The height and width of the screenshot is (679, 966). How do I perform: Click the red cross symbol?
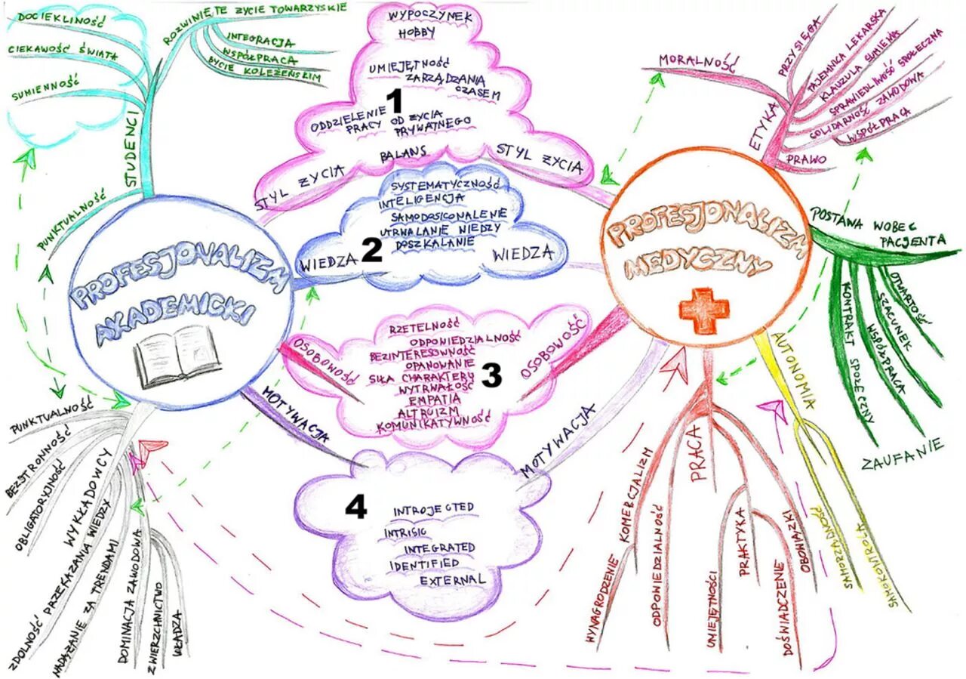703,310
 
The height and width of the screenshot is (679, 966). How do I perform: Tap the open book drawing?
178,355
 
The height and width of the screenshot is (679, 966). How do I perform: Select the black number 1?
395,102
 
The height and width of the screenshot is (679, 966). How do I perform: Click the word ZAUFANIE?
903,453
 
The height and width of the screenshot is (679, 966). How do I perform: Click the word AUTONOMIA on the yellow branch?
793,370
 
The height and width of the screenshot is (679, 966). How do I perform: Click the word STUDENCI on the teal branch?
134,144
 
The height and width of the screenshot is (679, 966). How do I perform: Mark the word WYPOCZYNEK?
430,16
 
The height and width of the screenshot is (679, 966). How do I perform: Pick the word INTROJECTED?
433,508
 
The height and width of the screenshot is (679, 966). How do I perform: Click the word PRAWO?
806,159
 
